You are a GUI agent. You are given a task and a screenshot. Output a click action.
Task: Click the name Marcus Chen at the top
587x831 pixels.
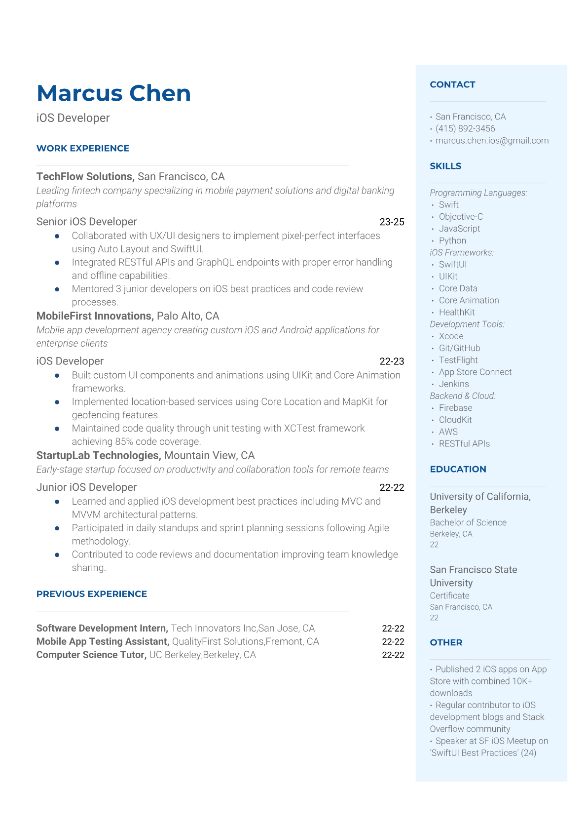pos(113,93)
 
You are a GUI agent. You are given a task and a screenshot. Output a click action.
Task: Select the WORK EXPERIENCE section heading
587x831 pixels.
pos(83,148)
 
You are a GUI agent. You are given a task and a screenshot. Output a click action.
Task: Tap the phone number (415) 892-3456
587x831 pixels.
pos(465,128)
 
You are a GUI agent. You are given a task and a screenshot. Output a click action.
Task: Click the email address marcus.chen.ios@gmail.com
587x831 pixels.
pos(492,140)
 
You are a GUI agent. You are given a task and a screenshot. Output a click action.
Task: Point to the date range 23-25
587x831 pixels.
pos(392,222)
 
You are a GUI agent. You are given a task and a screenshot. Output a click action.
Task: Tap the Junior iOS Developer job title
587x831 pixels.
pos(86,487)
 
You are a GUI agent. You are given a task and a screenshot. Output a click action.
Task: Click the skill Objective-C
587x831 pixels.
pos(461,216)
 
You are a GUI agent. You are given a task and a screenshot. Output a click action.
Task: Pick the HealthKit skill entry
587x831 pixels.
pos(457,312)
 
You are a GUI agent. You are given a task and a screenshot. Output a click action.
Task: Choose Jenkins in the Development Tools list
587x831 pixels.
pos(454,384)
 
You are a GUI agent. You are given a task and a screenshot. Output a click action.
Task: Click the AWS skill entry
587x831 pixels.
pos(448,432)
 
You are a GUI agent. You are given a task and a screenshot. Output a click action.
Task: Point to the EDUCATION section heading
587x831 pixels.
pos(458,469)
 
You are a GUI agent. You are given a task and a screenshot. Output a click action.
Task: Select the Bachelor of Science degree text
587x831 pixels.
pos(468,522)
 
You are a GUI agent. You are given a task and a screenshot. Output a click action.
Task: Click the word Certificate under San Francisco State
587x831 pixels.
pos(449,595)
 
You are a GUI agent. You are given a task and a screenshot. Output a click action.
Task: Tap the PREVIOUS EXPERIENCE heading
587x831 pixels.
pos(92,594)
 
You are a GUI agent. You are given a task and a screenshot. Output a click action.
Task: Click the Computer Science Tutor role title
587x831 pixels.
pos(91,655)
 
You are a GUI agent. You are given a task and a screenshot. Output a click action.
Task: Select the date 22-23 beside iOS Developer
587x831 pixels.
pos(392,361)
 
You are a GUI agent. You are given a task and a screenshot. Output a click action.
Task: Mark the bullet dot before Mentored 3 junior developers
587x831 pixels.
pos(57,289)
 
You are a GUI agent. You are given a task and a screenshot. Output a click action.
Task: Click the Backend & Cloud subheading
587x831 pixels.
pos(462,396)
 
